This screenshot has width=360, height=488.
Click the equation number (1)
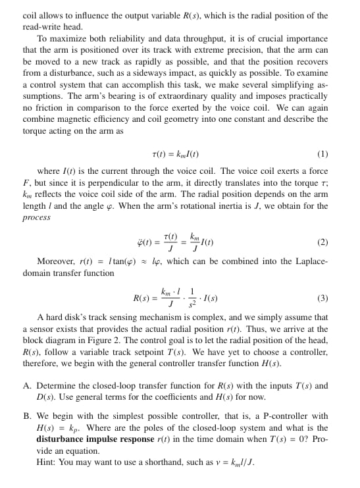322,155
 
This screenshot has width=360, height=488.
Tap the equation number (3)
322,298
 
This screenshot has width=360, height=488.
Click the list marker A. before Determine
27,385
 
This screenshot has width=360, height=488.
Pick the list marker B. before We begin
27,416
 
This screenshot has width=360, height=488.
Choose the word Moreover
56,261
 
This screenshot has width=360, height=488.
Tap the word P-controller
278,416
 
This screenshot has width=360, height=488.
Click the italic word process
37,217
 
